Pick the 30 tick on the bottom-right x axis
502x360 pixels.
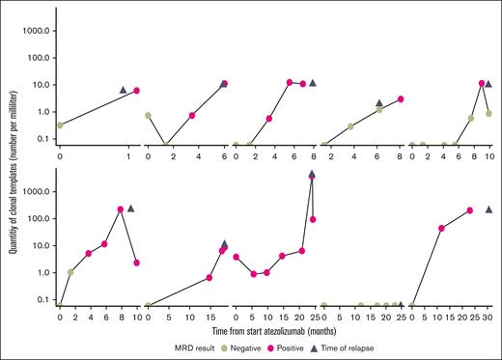(x=489, y=316)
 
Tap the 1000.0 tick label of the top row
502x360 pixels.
(x=38, y=30)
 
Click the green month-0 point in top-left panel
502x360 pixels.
(x=60, y=125)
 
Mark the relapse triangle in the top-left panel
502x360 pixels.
(x=123, y=90)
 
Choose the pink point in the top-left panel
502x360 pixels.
(x=136, y=91)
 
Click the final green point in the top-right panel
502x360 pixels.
(x=489, y=113)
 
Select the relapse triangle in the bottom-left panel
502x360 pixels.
(x=131, y=208)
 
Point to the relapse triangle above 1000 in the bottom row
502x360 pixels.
(x=312, y=175)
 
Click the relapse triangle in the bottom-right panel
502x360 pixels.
(x=489, y=208)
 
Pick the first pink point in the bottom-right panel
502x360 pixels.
(x=441, y=228)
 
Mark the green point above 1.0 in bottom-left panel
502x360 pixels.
(x=70, y=272)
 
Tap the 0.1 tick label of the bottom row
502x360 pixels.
(x=43, y=299)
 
